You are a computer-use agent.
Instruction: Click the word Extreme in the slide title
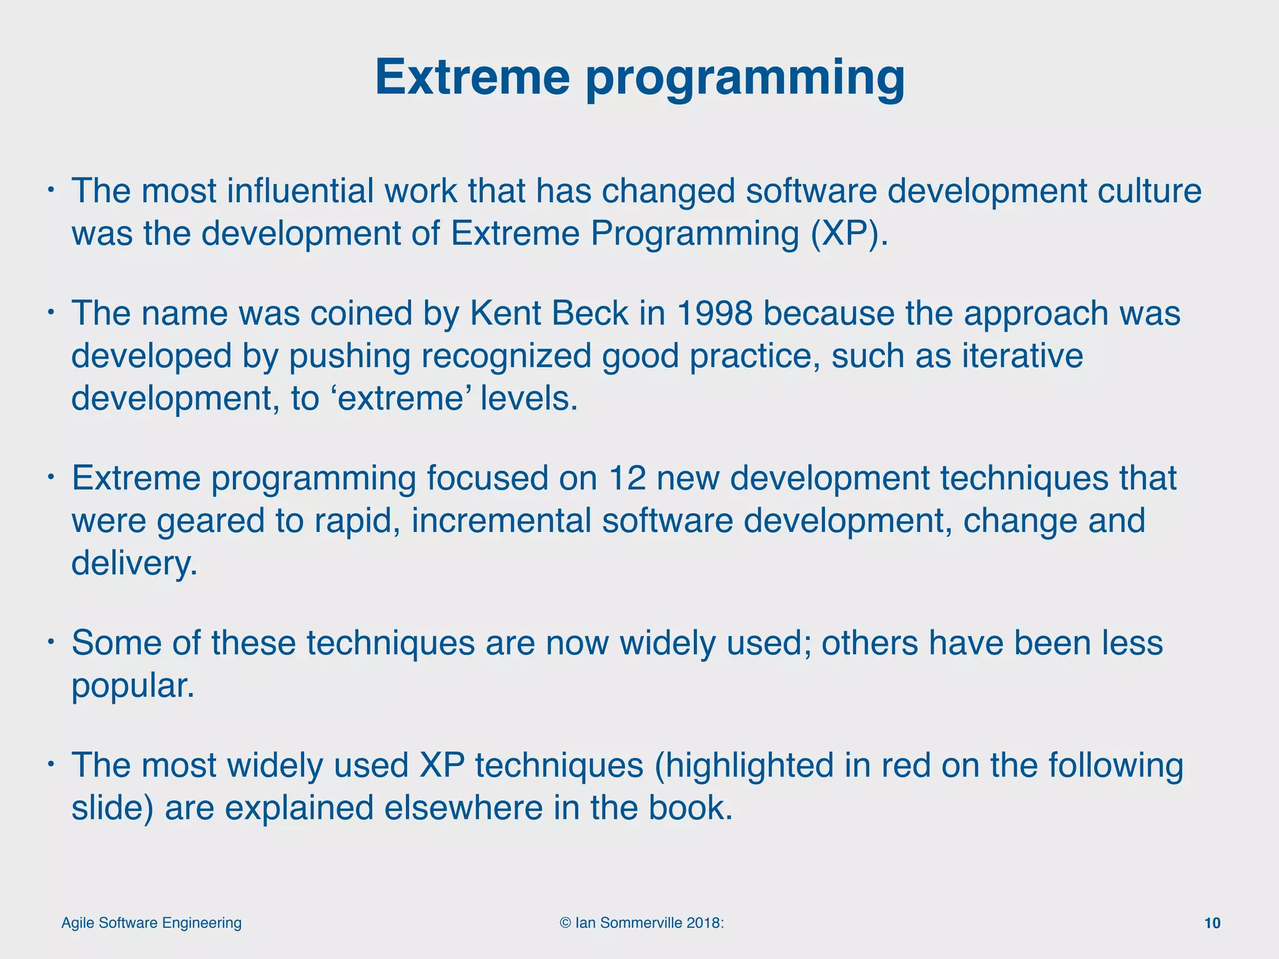(x=472, y=77)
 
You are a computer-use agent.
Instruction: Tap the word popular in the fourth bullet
(x=132, y=686)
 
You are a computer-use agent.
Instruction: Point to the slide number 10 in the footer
(x=1212, y=923)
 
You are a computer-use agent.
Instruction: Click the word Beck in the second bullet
(x=590, y=313)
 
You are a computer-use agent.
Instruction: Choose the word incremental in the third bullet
(x=501, y=521)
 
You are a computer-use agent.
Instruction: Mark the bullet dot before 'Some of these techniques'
(x=52, y=641)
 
